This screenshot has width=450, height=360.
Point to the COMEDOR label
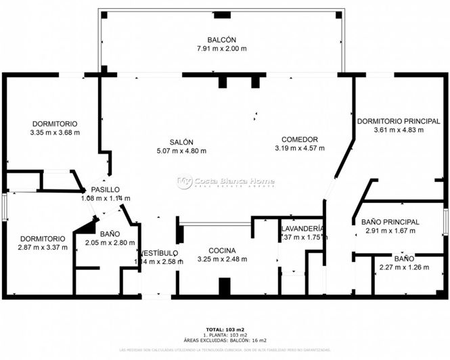pyautogui.click(x=300, y=139)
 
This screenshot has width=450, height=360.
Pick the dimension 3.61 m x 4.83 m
pyautogui.click(x=399, y=130)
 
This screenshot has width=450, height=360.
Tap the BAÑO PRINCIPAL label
pyautogui.click(x=390, y=222)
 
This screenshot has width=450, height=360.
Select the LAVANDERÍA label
pyautogui.click(x=302, y=229)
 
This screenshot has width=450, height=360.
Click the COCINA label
pyautogui.click(x=222, y=250)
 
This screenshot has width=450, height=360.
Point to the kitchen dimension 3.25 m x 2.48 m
pyautogui.click(x=222, y=259)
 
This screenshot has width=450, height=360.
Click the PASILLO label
pyautogui.click(x=106, y=189)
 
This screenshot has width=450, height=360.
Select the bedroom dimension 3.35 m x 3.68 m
pyautogui.click(x=55, y=133)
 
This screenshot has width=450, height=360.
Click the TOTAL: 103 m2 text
pyautogui.click(x=225, y=328)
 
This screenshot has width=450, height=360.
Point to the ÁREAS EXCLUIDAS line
pyautogui.click(x=225, y=340)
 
